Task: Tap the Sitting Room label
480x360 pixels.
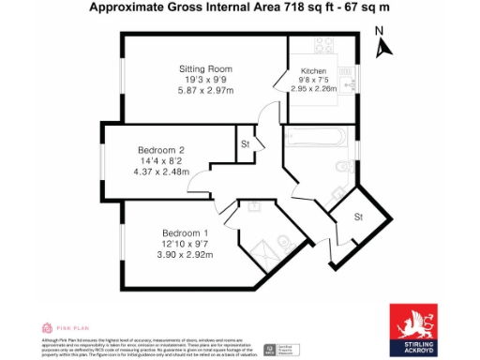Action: (x=205, y=68)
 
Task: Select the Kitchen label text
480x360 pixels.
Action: (x=313, y=71)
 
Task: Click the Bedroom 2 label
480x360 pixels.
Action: (x=161, y=150)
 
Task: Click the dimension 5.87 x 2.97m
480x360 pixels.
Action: (x=205, y=91)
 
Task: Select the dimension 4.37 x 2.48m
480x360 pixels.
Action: (x=161, y=172)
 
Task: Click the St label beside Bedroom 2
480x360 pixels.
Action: (x=245, y=144)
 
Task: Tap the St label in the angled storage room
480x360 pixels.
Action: (x=357, y=217)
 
